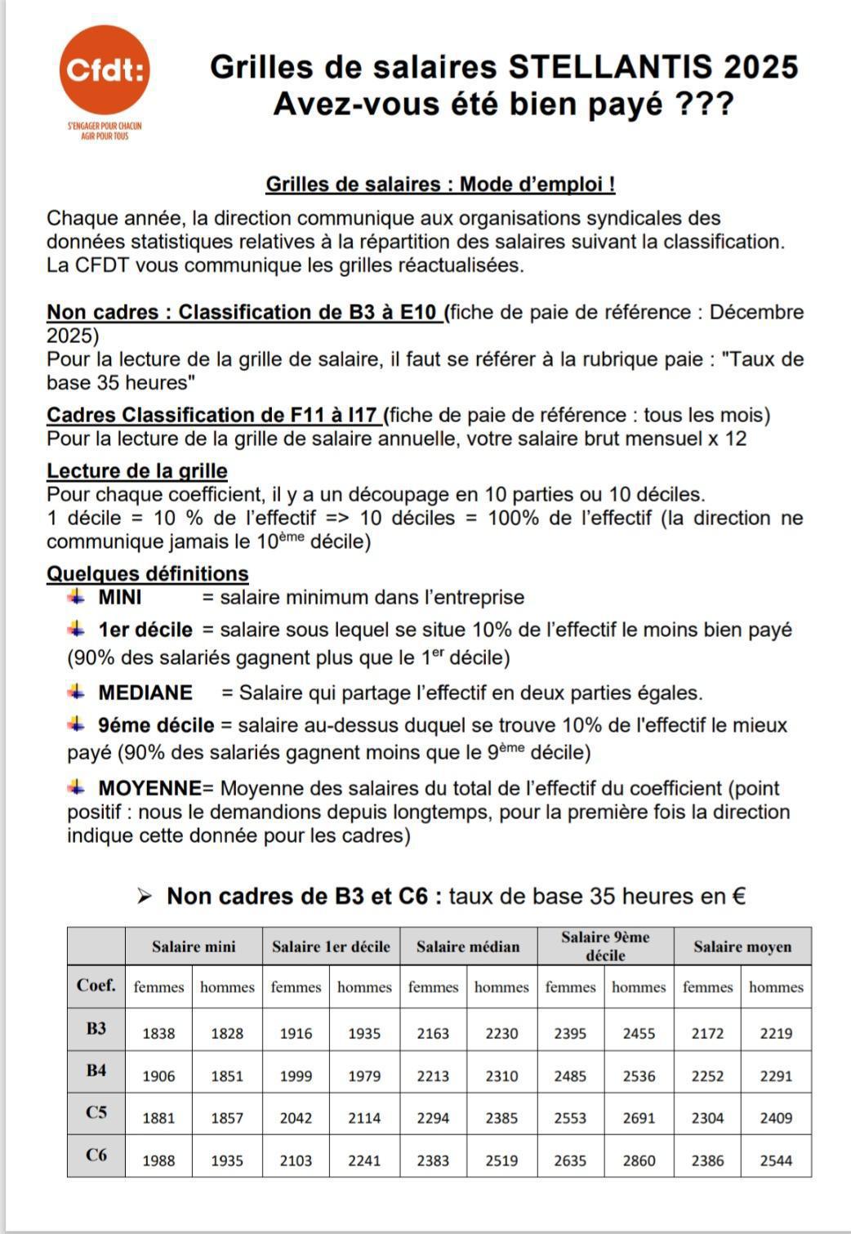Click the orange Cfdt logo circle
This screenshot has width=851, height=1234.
coord(105,70)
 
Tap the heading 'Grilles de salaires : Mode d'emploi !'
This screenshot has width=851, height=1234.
coord(440,185)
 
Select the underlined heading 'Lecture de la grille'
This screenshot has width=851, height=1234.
coord(136,471)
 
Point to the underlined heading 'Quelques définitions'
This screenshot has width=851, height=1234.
coord(147,574)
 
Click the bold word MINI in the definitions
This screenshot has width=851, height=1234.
coord(119,598)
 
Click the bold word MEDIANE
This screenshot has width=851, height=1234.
coord(145,693)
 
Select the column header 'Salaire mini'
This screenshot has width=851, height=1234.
coord(194,947)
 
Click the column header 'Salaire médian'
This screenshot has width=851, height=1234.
coord(468,947)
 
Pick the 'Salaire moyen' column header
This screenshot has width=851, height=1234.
coord(742,947)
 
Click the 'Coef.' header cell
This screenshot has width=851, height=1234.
coord(96,986)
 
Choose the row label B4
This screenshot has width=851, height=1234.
coord(96,1070)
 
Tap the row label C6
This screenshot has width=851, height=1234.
coord(96,1155)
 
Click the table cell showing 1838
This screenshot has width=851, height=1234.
coord(158,1033)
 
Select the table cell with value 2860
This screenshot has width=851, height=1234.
coord(639,1160)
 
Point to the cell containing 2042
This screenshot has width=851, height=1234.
coord(296,1118)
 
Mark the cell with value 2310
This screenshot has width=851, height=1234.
coord(501,1076)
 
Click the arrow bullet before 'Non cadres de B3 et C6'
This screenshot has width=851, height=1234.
coord(145,897)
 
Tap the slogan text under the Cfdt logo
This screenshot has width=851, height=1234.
coord(105,131)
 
